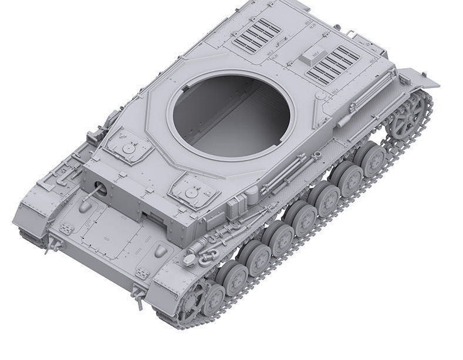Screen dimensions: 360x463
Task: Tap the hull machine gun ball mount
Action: [x=99, y=189]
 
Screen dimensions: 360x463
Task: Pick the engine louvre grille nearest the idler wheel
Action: [x=333, y=65]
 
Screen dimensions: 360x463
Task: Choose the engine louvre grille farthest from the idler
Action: [x=257, y=35]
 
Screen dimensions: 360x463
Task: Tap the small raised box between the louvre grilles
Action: [x=309, y=56]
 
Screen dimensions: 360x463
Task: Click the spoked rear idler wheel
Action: [x=407, y=118]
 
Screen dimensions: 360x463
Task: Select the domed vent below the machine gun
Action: [x=86, y=206]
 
